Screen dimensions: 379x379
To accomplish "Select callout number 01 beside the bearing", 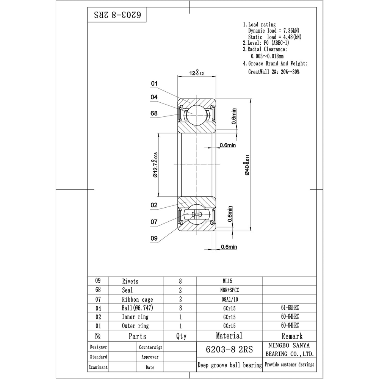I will [154, 83].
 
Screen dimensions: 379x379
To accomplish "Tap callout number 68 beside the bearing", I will [154, 113].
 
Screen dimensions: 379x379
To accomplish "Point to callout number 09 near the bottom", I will [154, 238].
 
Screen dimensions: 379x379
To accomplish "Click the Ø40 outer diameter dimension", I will [246, 164].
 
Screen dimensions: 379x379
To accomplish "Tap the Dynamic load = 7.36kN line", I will [275, 30].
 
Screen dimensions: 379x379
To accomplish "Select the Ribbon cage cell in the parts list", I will [137, 299].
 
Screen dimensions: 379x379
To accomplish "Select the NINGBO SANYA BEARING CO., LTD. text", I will [289, 349].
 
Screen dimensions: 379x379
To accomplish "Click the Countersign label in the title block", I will [150, 347].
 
